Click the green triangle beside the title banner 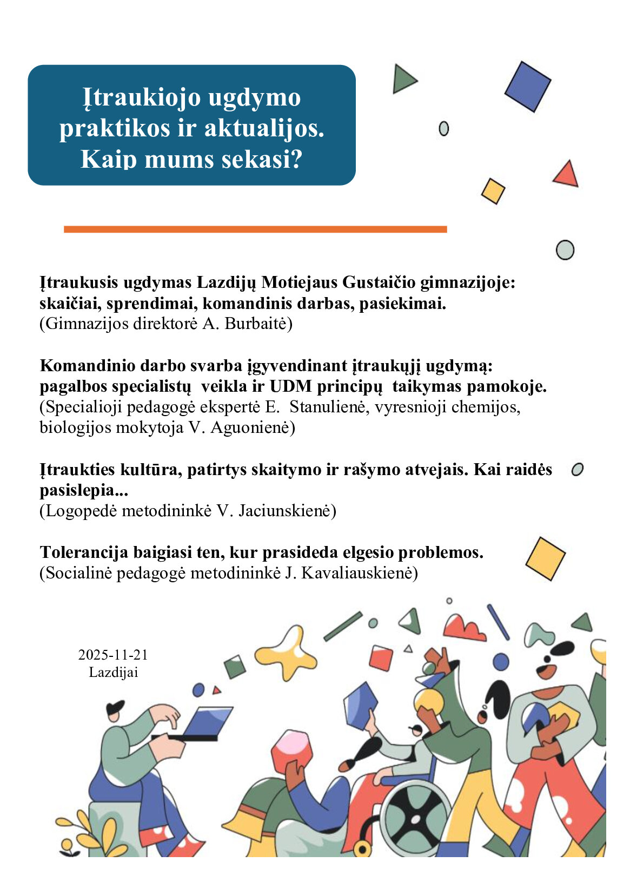[x=403, y=79]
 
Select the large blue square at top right [x=527, y=87]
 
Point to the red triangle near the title [x=566, y=175]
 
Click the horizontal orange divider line [x=255, y=229]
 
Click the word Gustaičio [x=380, y=282]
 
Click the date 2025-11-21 [x=113, y=655]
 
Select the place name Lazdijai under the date [x=114, y=672]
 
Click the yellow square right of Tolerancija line [x=545, y=558]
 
